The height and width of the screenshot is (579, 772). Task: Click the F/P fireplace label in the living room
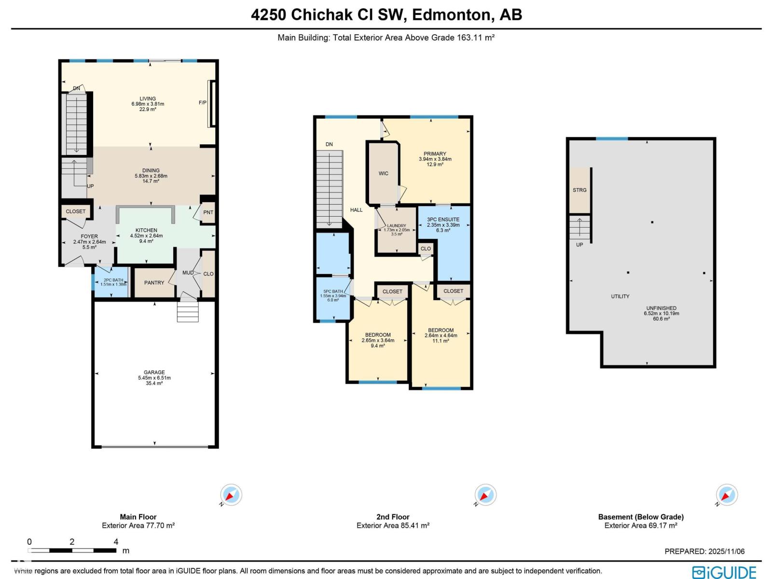click(x=203, y=103)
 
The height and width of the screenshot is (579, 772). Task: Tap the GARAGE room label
click(x=154, y=372)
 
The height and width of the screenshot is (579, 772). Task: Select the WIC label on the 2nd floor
click(x=383, y=173)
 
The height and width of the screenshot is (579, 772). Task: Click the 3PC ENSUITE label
click(x=443, y=220)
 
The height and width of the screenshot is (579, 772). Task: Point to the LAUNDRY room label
click(x=397, y=225)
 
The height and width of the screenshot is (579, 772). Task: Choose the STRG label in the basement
click(x=579, y=190)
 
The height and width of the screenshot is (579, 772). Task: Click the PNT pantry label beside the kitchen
click(x=208, y=212)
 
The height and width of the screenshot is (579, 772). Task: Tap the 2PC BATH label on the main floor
click(x=113, y=280)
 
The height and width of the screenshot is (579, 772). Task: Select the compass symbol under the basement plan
click(x=727, y=495)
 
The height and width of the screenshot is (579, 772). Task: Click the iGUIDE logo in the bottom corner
click(x=724, y=572)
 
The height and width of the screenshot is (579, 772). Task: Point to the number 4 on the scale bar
click(x=116, y=541)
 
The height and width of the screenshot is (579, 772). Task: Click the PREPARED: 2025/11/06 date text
click(x=704, y=551)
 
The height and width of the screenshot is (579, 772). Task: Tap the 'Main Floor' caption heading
click(x=138, y=517)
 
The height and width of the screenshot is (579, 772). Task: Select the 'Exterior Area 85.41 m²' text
click(x=393, y=525)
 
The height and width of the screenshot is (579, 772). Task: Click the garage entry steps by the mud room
click(x=188, y=312)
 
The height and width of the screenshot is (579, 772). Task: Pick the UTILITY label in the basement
click(x=620, y=296)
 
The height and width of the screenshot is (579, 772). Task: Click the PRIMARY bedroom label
click(x=435, y=153)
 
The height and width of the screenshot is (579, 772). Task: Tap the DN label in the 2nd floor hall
click(x=329, y=144)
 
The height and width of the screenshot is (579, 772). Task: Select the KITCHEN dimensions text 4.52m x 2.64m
click(x=146, y=236)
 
